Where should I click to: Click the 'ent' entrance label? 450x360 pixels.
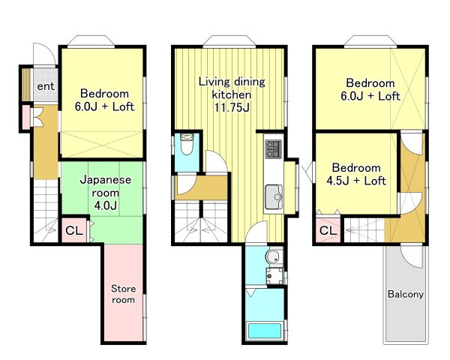click(x=46, y=86)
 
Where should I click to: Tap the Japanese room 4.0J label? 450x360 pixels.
click(x=106, y=193)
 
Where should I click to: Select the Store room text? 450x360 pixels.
click(x=124, y=294)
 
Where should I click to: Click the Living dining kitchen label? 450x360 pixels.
click(x=232, y=94)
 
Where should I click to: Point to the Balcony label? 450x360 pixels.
click(x=406, y=294)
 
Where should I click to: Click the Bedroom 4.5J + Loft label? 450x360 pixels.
click(x=356, y=174)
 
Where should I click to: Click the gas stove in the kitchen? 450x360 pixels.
click(x=274, y=149)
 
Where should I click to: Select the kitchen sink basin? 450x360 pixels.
click(x=274, y=197)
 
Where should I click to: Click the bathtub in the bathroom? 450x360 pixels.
click(x=265, y=331)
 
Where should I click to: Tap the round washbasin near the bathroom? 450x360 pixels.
click(x=274, y=256)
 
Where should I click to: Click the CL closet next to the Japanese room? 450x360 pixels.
click(x=74, y=230)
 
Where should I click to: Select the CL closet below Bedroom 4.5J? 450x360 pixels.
click(x=328, y=230)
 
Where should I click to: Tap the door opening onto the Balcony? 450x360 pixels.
click(x=411, y=257)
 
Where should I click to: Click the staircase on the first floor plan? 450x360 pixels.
click(x=46, y=211)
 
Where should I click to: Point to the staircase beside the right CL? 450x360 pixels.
click(x=364, y=230)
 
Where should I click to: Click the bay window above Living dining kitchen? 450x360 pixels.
click(x=229, y=41)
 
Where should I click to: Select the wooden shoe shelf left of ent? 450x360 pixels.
click(x=26, y=85)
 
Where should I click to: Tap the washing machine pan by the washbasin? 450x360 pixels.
click(x=274, y=276)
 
